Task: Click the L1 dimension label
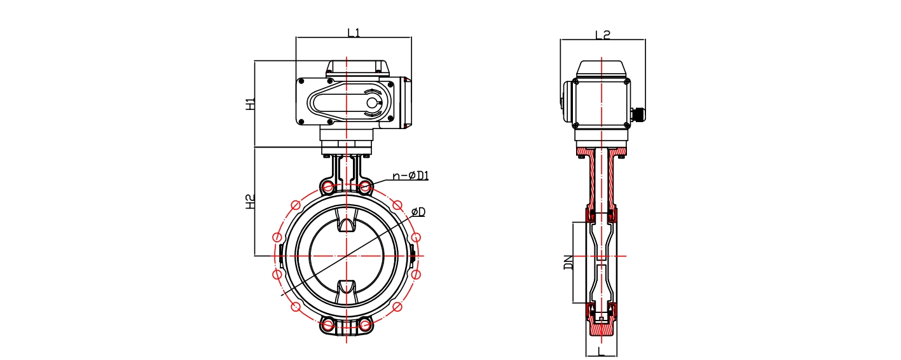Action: tap(354, 32)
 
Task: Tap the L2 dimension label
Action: tap(603, 35)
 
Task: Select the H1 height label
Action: tap(250, 104)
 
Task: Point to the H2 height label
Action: tap(250, 202)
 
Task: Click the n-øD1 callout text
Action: tap(411, 176)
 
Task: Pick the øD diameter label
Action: tap(418, 212)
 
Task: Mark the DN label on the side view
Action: tap(568, 262)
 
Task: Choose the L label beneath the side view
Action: tap(601, 352)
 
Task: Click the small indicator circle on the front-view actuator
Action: tap(372, 103)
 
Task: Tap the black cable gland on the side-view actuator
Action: tap(638, 114)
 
